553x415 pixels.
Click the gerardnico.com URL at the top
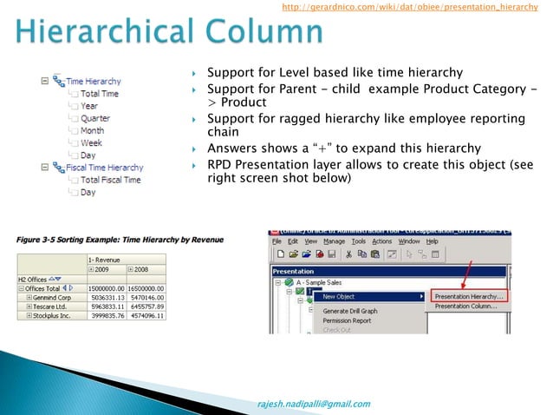(410, 8)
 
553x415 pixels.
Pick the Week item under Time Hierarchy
(91, 142)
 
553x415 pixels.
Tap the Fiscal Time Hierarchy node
(104, 168)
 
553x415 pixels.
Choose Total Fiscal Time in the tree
(110, 180)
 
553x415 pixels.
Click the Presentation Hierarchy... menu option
(469, 296)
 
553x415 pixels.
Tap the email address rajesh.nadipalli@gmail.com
(314, 404)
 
